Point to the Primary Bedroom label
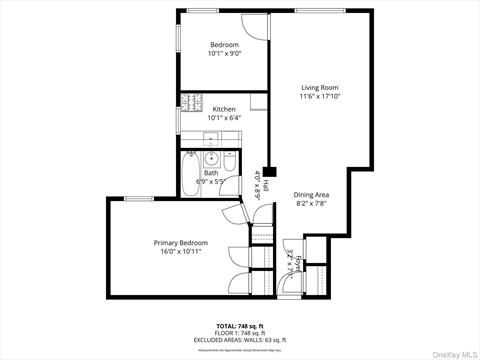(180, 242)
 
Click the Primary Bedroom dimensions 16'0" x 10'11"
(180, 252)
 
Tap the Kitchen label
(224, 108)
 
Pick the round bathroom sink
(211, 158)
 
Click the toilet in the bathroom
(229, 160)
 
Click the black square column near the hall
(269, 170)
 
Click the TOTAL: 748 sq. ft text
(239, 327)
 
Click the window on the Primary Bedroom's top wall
(139, 198)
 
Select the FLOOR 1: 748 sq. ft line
(239, 334)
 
